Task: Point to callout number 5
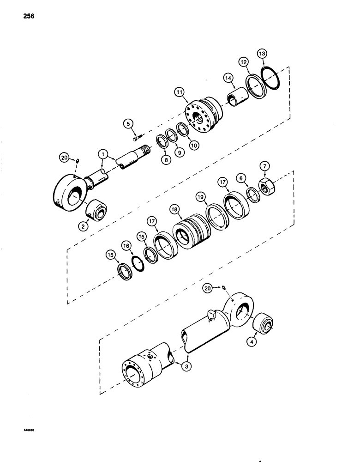pos(129,123)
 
